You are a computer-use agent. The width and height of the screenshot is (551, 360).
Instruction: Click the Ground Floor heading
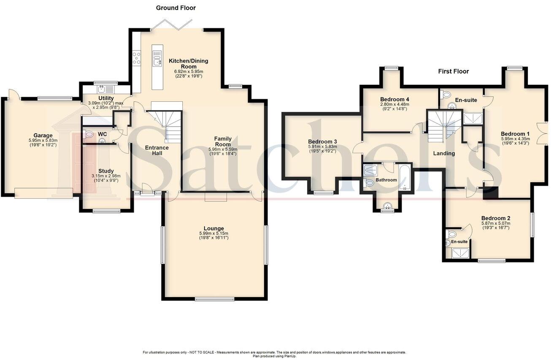tap(176, 8)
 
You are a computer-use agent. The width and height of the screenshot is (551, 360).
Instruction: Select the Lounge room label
tap(213, 228)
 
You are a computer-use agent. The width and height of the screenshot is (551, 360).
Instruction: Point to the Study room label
tap(106, 171)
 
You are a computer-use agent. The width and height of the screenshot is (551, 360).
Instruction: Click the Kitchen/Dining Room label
tap(188, 64)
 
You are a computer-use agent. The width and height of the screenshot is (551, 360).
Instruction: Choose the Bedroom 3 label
tap(322, 141)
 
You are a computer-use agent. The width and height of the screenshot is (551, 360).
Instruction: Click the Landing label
tap(444, 153)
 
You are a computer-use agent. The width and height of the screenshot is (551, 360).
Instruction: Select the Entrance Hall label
tap(157, 150)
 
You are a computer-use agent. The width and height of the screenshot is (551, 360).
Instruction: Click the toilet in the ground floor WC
tap(89, 135)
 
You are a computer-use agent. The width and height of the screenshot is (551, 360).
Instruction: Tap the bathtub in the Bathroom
tap(405, 177)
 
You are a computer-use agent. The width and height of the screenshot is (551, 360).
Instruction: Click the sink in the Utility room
tap(102, 89)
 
